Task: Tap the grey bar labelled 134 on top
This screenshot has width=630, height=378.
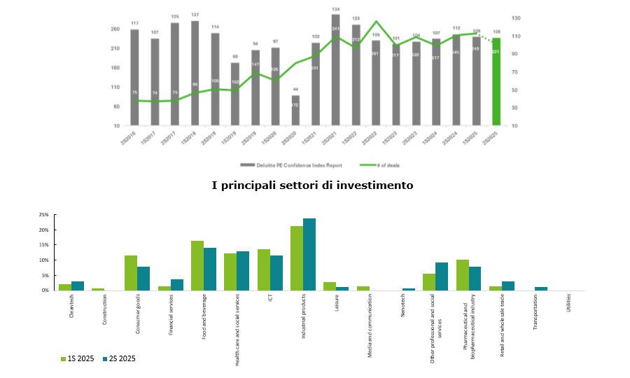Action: pos(335,70)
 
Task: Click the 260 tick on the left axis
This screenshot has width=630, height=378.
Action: pos(115,29)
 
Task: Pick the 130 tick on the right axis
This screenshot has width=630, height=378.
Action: pos(516,17)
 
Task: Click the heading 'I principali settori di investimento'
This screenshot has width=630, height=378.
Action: pos(312,185)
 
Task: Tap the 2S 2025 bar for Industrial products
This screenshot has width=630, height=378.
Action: pos(309,254)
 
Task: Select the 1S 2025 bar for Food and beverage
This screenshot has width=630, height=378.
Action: pos(197,265)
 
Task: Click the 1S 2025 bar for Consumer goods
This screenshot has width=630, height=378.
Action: pos(131,273)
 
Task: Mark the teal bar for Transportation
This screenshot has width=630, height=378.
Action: pos(541,288)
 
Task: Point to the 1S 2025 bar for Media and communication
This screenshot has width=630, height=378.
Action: pos(363,288)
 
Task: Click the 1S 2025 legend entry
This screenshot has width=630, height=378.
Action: pos(78,359)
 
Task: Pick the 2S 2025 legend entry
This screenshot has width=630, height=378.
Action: pos(119,359)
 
